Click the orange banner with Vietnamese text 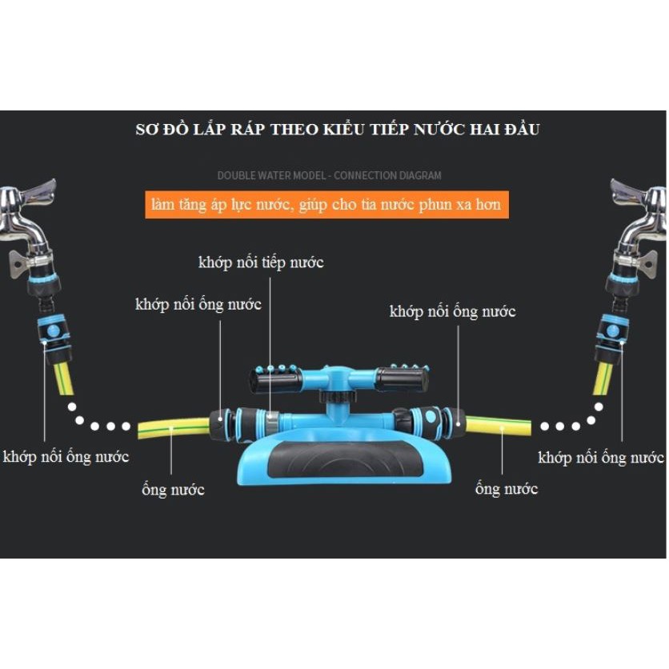pos(326,204)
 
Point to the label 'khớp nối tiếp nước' pos(261,262)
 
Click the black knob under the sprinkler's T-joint pos(334,396)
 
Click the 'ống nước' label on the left pos(173,490)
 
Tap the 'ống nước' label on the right pos(506,489)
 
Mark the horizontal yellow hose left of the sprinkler pos(173,428)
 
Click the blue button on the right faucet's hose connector pos(613,329)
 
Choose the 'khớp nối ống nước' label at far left pos(66,457)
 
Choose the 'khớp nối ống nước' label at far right pos(601,458)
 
